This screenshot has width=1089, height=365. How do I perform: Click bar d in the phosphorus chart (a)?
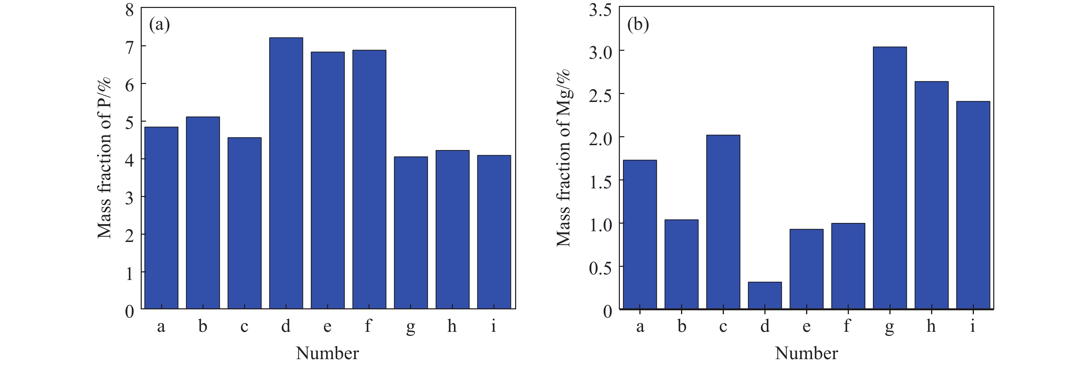point(286,173)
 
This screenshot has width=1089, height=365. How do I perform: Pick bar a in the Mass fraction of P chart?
point(161,217)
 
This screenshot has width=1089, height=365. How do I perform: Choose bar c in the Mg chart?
point(723,222)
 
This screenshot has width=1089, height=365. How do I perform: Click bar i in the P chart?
point(494,232)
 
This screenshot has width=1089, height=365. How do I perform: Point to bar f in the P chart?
point(369,179)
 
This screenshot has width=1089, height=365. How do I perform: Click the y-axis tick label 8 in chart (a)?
point(130,10)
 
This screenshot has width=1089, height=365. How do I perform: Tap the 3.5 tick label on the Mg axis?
point(600,10)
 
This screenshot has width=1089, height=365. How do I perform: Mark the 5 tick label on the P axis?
point(130,122)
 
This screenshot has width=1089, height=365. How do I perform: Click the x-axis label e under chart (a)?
point(327,327)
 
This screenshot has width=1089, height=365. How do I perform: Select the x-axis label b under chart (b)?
point(681,327)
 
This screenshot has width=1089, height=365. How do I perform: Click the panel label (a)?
point(159,25)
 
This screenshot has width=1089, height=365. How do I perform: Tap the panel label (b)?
point(638,25)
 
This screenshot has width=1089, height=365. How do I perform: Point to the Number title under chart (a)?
point(327,353)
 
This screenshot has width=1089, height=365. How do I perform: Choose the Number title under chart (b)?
point(806,353)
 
